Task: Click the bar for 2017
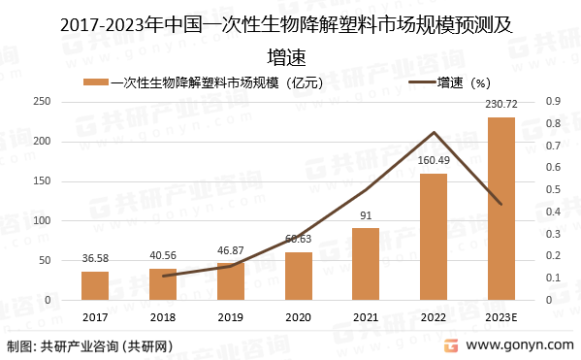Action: [95, 286]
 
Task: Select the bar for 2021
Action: [366, 264]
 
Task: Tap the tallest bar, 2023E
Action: [500, 209]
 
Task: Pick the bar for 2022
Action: [434, 237]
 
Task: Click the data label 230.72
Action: [500, 104]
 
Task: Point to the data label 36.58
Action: [95, 258]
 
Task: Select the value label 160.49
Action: [434, 160]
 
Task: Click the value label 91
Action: [366, 215]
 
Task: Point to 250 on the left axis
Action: [43, 101]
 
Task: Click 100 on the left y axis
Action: [43, 221]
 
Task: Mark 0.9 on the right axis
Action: [553, 101]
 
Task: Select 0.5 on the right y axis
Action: [553, 190]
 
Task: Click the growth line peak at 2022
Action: [434, 133]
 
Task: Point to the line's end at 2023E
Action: [500, 204]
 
